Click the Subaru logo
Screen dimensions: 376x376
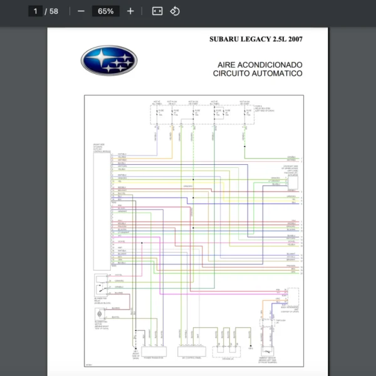tap(108, 60)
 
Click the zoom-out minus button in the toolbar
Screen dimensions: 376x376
tap(81, 11)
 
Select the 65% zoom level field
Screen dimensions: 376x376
tap(105, 11)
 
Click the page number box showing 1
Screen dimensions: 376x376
tap(36, 11)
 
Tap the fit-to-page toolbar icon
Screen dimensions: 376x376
tap(157, 11)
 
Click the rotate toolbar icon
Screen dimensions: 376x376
tap(175, 11)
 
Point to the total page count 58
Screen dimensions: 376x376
tap(54, 11)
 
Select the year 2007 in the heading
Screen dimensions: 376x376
tap(293, 39)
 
